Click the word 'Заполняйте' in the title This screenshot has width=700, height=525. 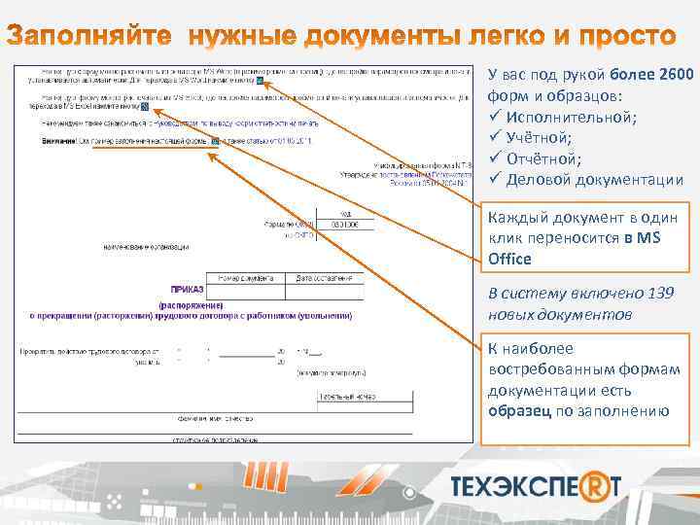pos(97,38)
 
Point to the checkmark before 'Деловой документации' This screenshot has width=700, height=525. pos(494,180)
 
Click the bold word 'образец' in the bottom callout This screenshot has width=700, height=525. pos(519,410)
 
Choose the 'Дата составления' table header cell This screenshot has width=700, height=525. pos(324,278)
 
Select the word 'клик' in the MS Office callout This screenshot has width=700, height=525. pos(504,238)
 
